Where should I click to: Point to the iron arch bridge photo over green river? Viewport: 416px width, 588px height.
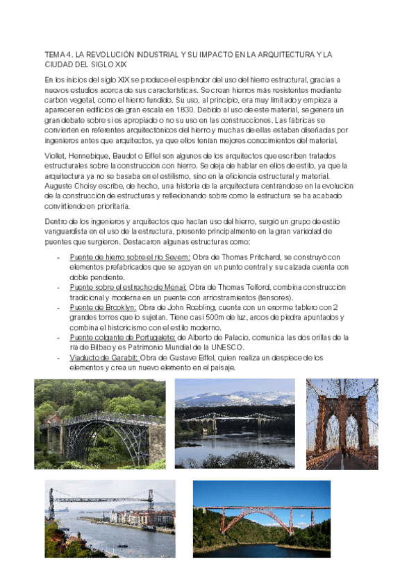click(95, 424)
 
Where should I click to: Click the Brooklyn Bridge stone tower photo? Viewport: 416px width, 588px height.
click(342, 424)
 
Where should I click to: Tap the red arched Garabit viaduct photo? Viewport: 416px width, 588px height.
click(261, 519)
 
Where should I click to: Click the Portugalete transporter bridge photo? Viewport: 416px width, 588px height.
click(110, 519)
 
